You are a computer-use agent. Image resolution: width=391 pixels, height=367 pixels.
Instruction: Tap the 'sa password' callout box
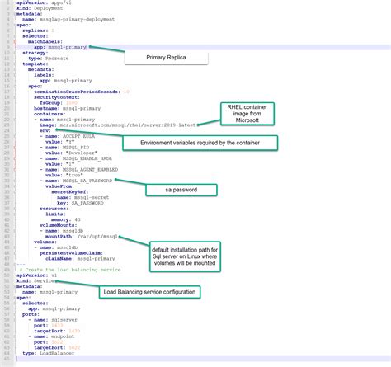coord(181,191)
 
